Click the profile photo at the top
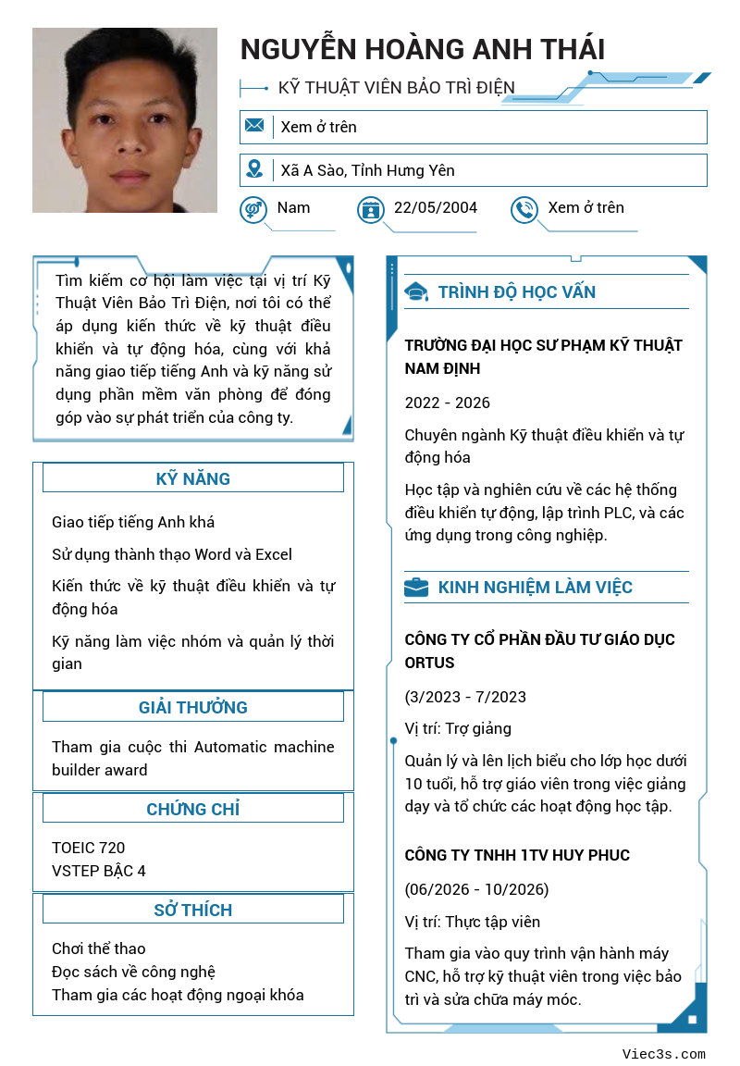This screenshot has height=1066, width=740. click(125, 120)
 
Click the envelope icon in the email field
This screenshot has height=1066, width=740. click(254, 126)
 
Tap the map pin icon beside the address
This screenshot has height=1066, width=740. click(254, 169)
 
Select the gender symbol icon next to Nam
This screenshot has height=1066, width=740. click(253, 209)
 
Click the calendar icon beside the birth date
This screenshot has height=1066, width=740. click(370, 209)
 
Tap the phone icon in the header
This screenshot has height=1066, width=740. click(524, 209)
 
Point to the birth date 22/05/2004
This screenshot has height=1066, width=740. click(436, 207)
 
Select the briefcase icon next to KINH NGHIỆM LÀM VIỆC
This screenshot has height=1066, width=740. click(416, 588)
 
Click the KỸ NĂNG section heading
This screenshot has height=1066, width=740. click(192, 478)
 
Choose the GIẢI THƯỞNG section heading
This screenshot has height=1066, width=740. click(192, 707)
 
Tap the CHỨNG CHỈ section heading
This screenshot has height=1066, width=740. click(192, 809)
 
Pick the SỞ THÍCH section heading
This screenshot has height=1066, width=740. click(192, 910)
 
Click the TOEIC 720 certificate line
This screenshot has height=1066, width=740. click(89, 848)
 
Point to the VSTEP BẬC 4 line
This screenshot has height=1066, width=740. click(99, 871)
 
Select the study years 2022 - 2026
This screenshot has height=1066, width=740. click(448, 403)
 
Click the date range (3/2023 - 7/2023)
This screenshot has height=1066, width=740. click(465, 697)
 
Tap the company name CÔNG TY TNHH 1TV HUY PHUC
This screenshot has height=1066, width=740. click(517, 855)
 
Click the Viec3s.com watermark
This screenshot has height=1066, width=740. click(663, 1054)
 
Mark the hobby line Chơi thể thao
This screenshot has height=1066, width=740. click(99, 948)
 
